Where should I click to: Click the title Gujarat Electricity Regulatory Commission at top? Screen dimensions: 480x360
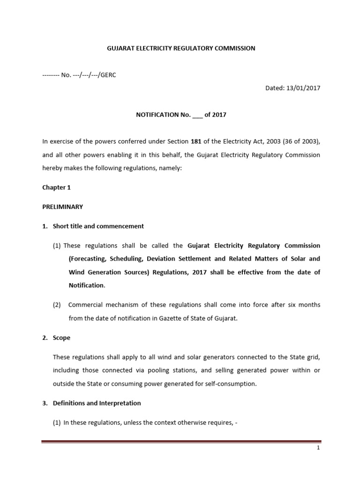point(181,48)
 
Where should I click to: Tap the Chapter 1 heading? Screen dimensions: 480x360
point(56,187)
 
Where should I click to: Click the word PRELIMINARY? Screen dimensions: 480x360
point(62,207)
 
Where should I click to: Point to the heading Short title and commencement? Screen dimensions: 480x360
point(98,226)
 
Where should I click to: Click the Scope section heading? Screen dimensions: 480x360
point(61,337)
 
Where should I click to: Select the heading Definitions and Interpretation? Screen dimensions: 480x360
point(97,403)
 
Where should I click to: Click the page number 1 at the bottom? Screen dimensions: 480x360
point(318,448)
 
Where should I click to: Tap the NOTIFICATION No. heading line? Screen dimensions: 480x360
point(181,115)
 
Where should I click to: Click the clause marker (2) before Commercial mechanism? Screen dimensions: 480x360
point(57,305)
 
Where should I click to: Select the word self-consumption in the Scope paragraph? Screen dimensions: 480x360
point(227,383)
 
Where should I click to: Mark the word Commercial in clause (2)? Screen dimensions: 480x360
point(87,305)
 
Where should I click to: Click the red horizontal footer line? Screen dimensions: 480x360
point(181,442)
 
